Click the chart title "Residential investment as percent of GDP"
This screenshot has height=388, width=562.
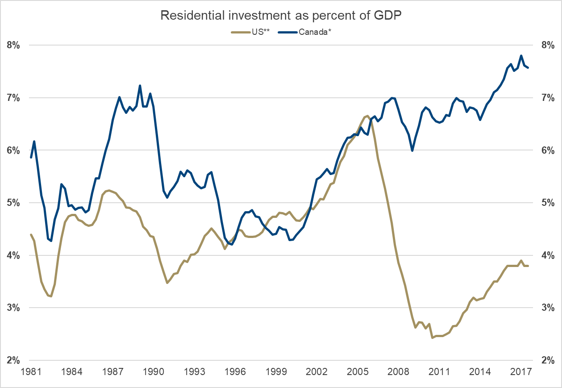click(x=281, y=16)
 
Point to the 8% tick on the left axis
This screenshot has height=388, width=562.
click(x=14, y=45)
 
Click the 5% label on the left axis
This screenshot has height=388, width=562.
click(x=14, y=203)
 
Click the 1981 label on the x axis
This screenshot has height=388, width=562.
click(x=31, y=371)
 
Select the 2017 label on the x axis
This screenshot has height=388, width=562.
click(x=521, y=371)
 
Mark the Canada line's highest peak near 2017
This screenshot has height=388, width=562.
click(x=521, y=56)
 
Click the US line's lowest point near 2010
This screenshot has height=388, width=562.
click(x=432, y=338)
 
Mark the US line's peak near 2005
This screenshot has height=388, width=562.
click(x=367, y=116)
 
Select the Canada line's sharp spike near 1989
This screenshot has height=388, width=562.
click(x=140, y=85)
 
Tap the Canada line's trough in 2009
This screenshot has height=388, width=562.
click(x=412, y=150)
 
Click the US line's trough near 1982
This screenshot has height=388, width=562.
click(x=51, y=296)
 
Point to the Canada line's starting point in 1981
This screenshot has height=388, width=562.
click(x=31, y=157)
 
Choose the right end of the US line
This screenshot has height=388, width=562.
click(x=528, y=266)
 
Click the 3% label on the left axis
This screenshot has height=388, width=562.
click(x=14, y=308)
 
